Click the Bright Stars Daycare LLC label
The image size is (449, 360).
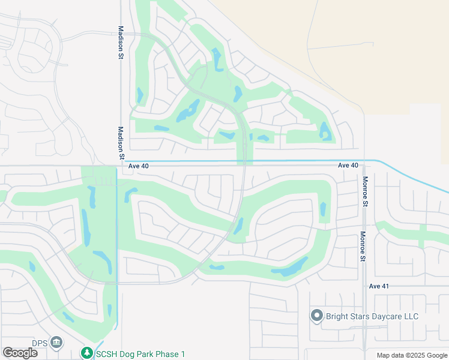372,316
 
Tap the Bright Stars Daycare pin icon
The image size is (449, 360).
317,316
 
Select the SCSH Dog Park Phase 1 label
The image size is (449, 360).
141,354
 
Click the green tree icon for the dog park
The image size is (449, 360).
88,353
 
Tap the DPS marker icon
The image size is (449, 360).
56,343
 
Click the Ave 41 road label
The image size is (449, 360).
379,286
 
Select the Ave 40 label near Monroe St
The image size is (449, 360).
348,165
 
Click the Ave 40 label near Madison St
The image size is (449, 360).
138,166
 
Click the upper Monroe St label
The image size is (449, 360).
364,191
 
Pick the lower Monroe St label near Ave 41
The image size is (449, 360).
363,247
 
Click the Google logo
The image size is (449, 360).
20,352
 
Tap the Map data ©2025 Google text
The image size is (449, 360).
411,355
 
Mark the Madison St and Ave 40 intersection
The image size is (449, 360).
121,164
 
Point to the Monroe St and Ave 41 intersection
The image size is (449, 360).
364,286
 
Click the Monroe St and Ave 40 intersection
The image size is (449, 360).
364,163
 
